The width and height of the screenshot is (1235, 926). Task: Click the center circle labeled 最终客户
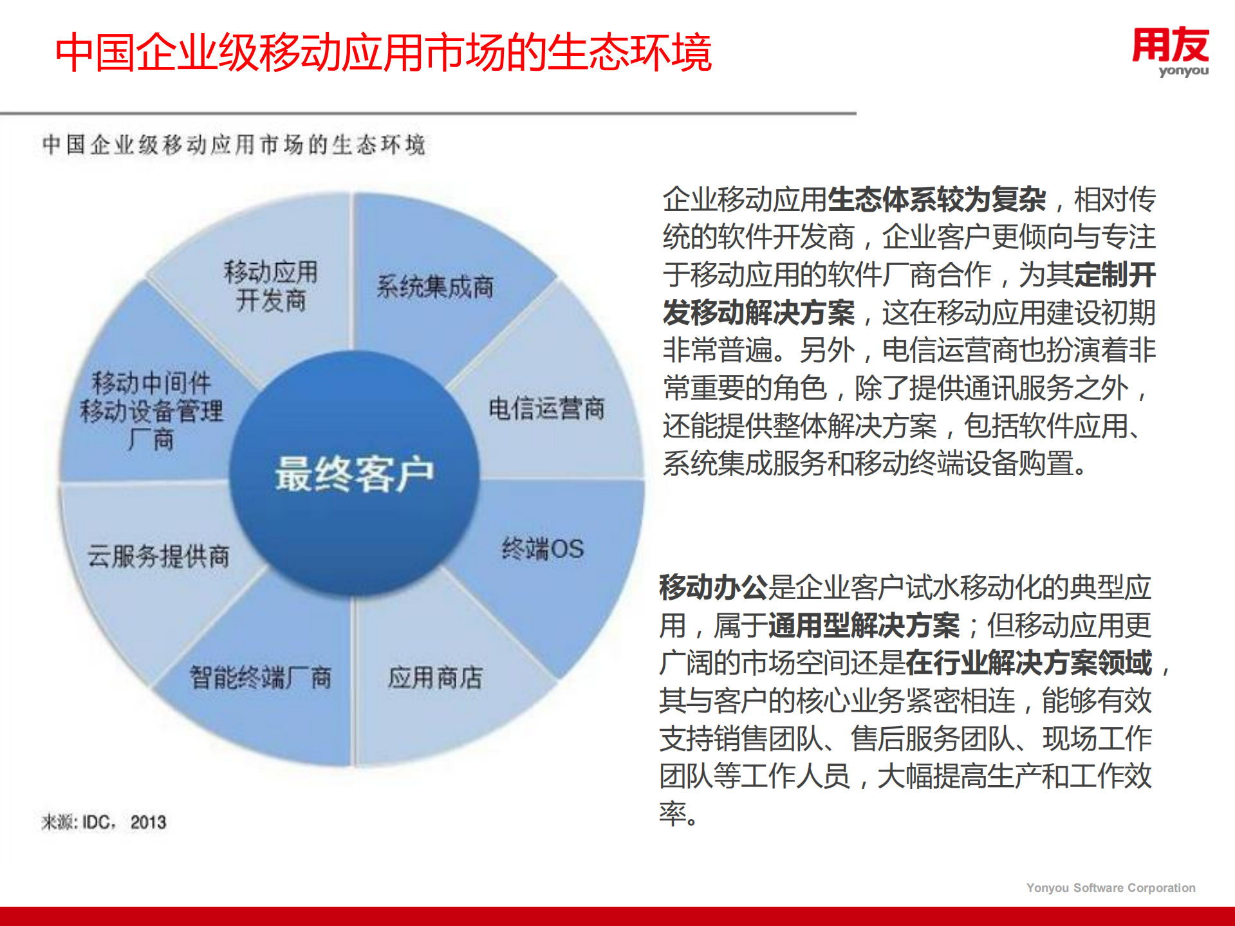355,474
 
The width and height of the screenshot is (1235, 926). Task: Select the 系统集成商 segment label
435,286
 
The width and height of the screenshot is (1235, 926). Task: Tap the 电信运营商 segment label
546,408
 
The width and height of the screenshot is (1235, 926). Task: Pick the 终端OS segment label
543,548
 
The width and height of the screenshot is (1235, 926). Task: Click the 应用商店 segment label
435,677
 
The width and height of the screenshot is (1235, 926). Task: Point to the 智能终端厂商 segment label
261,677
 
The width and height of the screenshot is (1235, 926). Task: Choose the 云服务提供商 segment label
158,556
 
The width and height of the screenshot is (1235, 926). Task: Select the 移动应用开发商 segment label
270,286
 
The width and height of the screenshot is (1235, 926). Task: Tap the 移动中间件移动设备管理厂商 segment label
151,411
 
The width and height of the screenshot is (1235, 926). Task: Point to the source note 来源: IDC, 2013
104,822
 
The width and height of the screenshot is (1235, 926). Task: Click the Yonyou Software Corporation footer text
1110,887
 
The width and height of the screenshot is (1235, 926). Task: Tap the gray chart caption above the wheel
234,144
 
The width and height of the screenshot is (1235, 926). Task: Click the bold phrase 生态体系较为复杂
936,199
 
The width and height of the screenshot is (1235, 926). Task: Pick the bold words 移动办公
713,587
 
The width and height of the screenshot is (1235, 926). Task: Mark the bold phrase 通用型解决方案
864,625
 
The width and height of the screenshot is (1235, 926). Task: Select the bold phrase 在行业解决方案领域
1028,663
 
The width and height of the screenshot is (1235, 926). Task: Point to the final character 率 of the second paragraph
673,813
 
